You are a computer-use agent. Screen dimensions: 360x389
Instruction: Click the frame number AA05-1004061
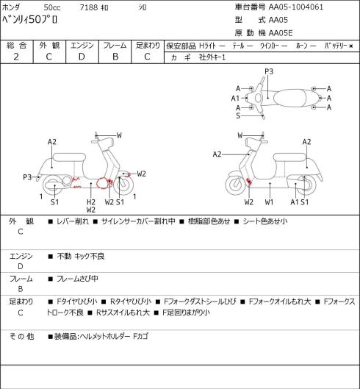click(296, 7)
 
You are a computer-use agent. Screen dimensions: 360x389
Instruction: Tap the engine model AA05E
click(281, 33)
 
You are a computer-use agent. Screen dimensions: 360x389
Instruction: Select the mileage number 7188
click(89, 7)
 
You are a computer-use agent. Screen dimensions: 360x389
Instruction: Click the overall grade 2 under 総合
click(16, 57)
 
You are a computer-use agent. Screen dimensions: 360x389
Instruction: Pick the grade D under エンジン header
click(82, 57)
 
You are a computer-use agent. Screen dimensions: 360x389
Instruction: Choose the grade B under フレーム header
click(115, 57)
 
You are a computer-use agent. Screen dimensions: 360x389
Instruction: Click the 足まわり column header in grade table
click(148, 46)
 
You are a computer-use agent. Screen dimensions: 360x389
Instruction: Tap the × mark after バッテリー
click(351, 46)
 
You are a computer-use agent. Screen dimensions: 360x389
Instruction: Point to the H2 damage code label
click(91, 202)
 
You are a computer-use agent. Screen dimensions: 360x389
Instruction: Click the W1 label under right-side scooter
click(269, 202)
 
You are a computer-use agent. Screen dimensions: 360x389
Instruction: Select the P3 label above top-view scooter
click(269, 71)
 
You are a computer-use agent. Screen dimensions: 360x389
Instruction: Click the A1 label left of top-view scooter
click(235, 99)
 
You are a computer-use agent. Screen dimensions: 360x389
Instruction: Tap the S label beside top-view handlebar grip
click(238, 115)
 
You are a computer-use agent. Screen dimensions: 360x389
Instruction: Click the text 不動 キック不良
click(81, 256)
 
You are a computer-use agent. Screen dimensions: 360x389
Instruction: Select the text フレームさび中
click(77, 279)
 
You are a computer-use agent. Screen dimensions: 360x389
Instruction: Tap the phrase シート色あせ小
click(265, 221)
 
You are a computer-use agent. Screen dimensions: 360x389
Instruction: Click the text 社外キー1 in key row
click(212, 57)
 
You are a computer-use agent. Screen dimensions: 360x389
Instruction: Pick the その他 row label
click(21, 336)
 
